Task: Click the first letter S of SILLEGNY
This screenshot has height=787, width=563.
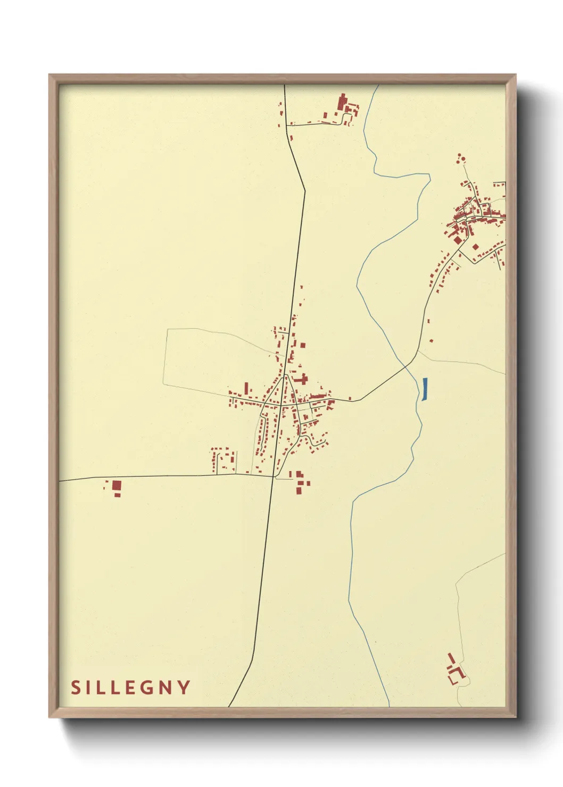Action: point(76,688)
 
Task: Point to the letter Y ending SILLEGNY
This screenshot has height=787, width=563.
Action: point(184,688)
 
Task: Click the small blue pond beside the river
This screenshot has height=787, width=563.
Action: point(425,389)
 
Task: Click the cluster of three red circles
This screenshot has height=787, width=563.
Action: point(460,158)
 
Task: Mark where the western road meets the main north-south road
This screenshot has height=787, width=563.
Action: point(274,476)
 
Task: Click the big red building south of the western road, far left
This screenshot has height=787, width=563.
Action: point(117,485)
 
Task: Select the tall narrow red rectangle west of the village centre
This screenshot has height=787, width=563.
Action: point(246,388)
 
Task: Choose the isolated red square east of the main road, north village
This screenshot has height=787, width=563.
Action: point(303,345)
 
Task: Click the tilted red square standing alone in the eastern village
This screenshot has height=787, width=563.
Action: point(475,246)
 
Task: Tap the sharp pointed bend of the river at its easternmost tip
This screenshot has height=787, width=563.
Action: point(429,176)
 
